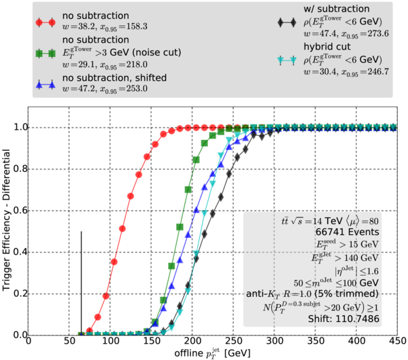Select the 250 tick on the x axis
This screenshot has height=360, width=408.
(233, 342)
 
